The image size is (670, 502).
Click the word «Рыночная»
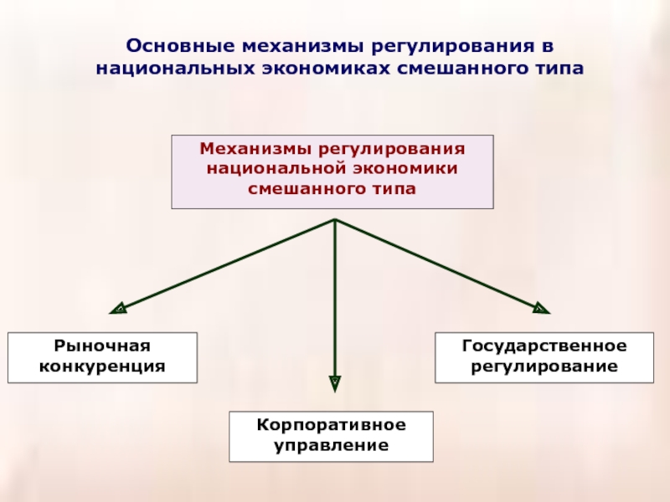coord(102,346)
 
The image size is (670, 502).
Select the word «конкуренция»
coord(102,366)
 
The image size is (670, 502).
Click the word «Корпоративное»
coord(332,425)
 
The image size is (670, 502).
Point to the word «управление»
coord(332,445)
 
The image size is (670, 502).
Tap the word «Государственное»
coord(544,346)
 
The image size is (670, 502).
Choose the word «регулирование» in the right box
coord(544,366)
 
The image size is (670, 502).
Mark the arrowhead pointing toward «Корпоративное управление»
coord(335,384)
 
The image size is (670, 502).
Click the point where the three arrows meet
coord(335,220)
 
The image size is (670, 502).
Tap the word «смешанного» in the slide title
coord(453,65)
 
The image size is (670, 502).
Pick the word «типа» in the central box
coord(394,189)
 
